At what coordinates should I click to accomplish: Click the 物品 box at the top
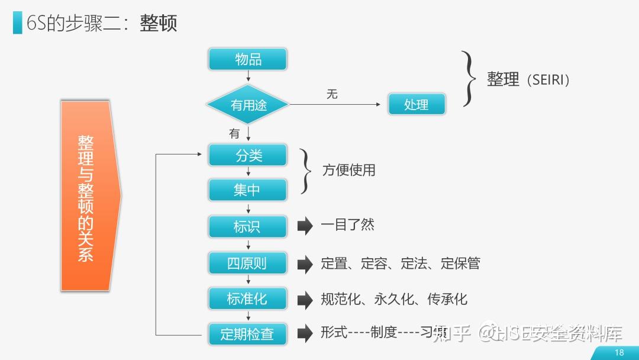click(x=247, y=59)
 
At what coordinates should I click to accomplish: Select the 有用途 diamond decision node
click(x=248, y=105)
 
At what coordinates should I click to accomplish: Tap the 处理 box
click(x=417, y=105)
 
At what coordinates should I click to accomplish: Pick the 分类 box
click(x=247, y=156)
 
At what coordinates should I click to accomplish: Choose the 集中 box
click(x=247, y=190)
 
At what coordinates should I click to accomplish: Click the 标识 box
click(x=247, y=226)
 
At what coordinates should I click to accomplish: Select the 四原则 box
click(x=247, y=263)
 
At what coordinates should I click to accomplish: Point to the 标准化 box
click(x=247, y=299)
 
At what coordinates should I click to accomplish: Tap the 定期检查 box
click(x=247, y=334)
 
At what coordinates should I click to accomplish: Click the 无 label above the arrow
click(x=332, y=95)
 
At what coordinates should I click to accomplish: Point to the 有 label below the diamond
click(x=234, y=134)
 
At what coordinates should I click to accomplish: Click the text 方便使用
click(x=348, y=171)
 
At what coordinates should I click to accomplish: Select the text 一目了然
click(x=347, y=225)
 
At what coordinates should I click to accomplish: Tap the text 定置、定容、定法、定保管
click(x=400, y=263)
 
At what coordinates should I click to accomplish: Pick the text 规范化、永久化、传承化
click(x=393, y=299)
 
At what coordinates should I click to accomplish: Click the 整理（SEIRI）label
click(x=528, y=79)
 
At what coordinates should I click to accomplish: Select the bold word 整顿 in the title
click(x=159, y=24)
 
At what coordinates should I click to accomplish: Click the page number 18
click(x=619, y=353)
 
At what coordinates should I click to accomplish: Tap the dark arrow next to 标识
click(x=305, y=226)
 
